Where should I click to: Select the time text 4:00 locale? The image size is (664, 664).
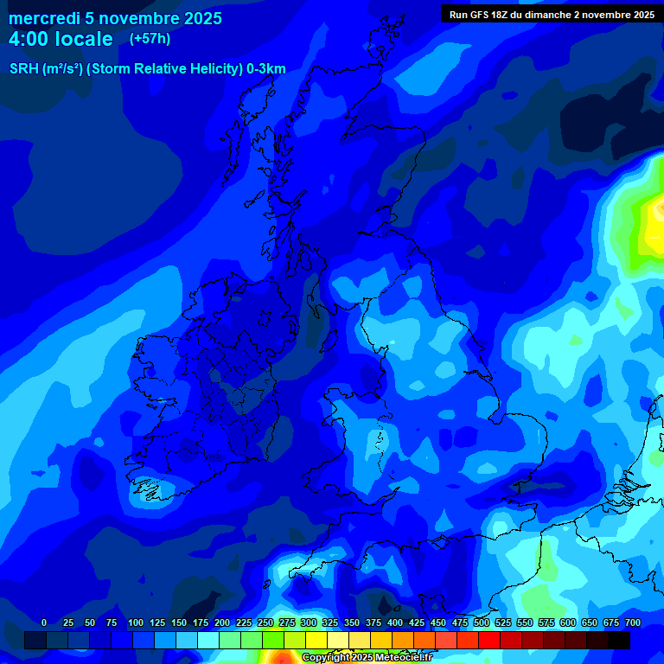tap(61, 39)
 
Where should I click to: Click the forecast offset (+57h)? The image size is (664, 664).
tap(150, 39)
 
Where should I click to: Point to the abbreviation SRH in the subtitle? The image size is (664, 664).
tap(23, 69)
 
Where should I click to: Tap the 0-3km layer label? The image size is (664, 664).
tap(266, 69)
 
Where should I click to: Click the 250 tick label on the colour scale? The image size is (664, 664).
tap(265, 622)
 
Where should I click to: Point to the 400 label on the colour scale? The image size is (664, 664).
tap(395, 622)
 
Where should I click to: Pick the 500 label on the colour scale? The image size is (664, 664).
tap(482, 622)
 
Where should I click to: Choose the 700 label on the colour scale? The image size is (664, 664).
tap(633, 622)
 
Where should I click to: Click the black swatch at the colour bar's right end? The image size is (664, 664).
tap(619, 640)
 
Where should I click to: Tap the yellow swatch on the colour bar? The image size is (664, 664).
tap(316, 640)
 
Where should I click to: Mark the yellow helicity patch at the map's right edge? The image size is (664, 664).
tap(653, 220)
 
